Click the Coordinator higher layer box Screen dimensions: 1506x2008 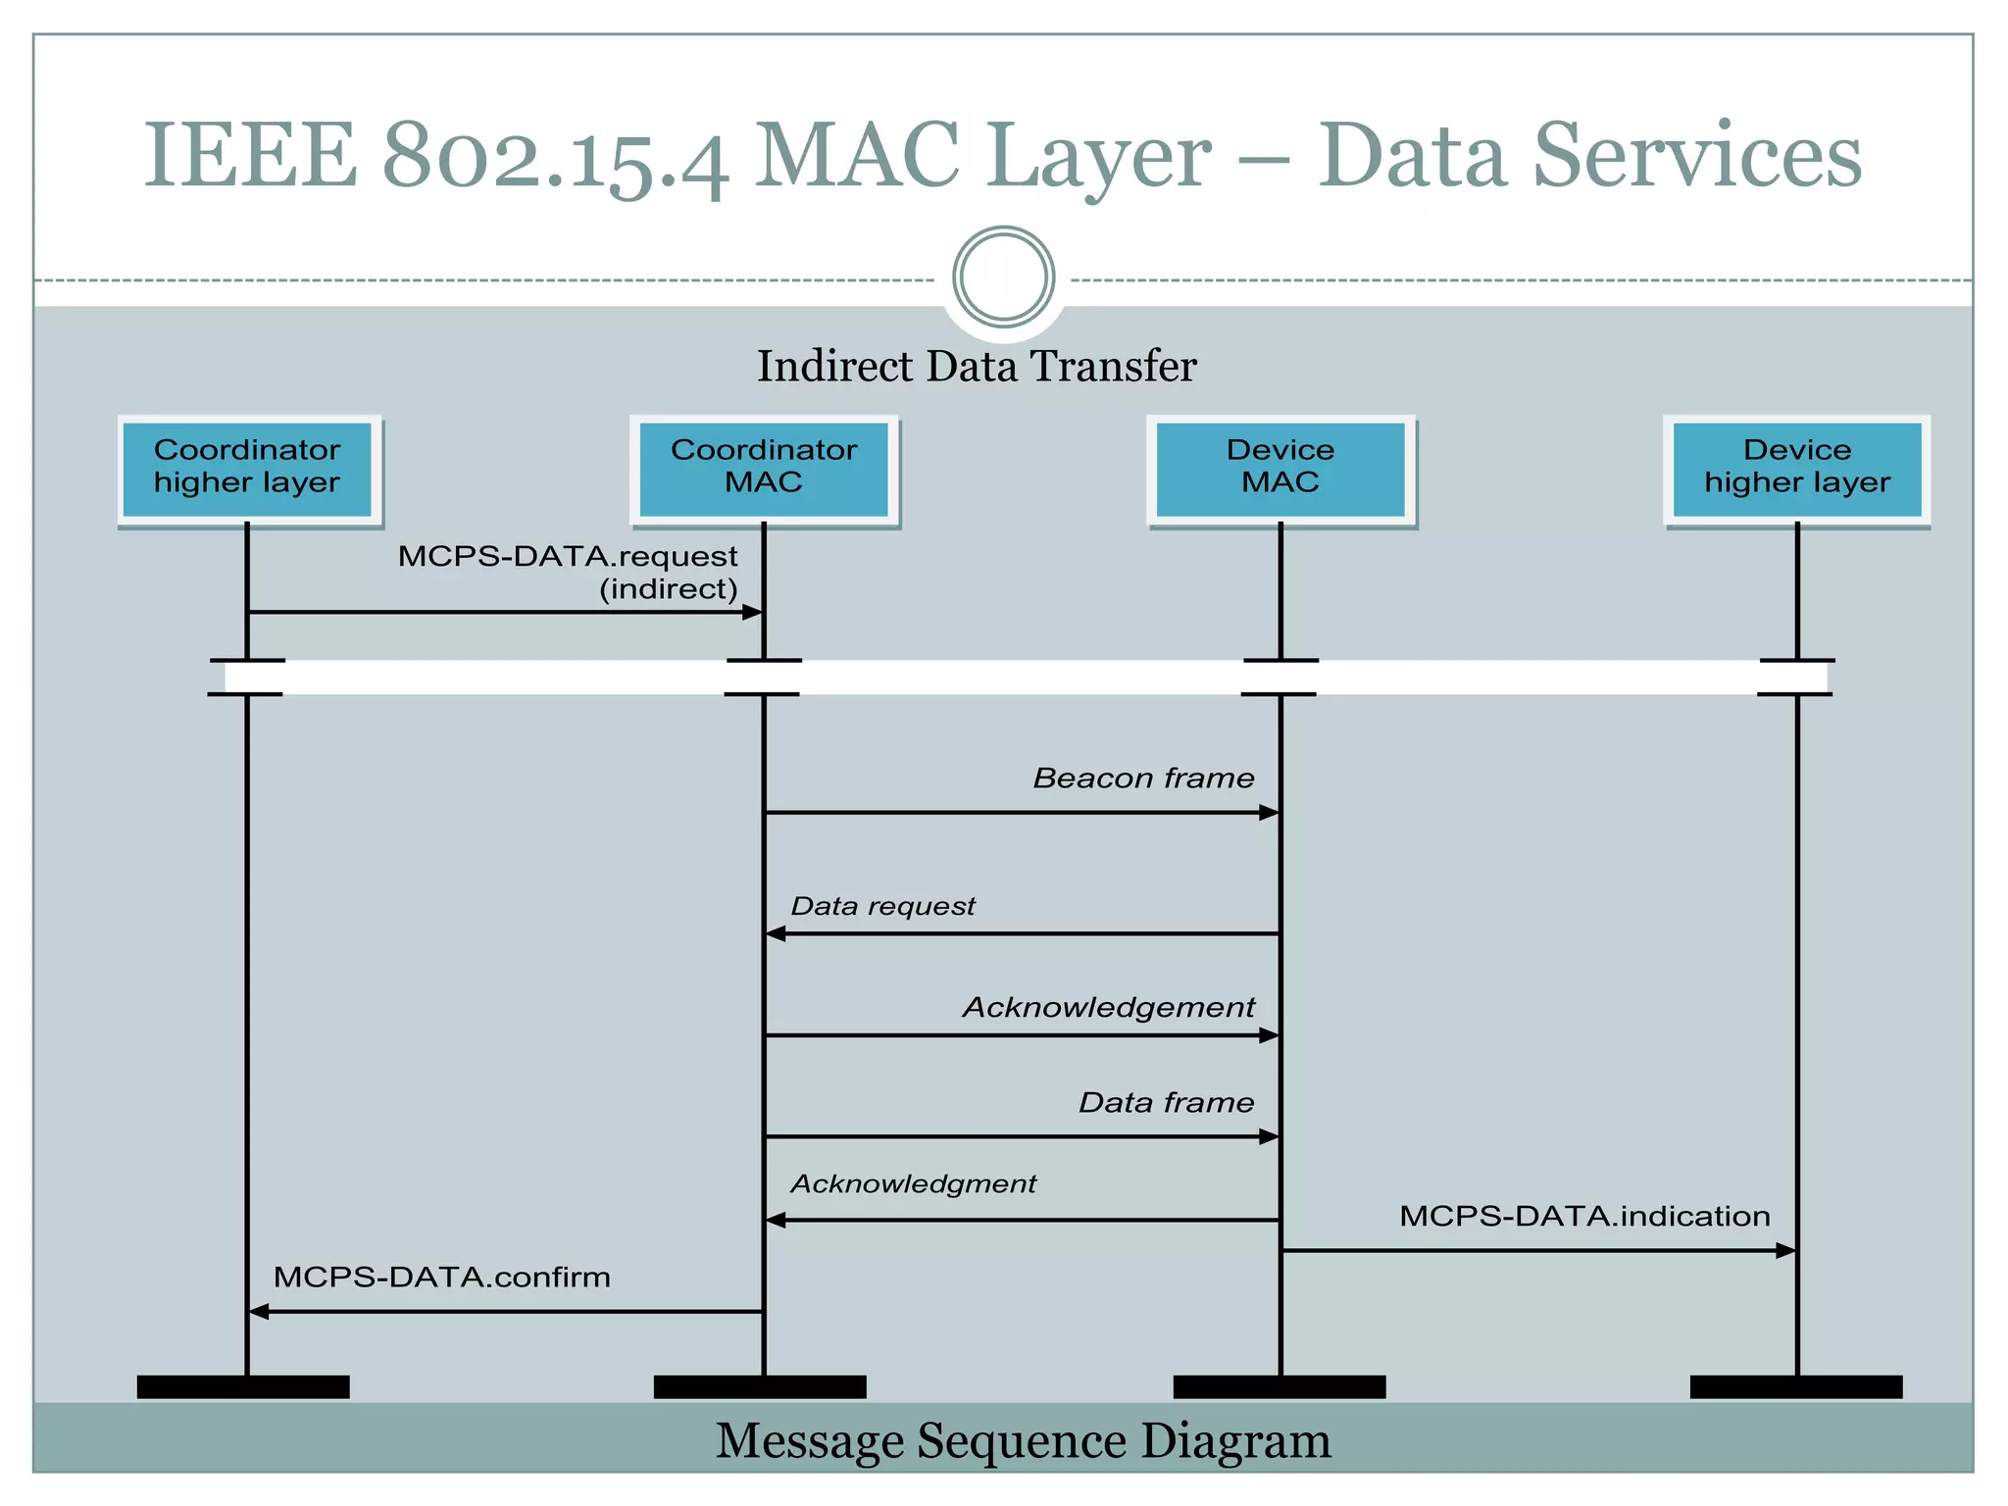[x=247, y=468]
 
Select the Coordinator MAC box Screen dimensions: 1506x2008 [x=764, y=468]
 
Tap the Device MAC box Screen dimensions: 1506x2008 [x=1280, y=468]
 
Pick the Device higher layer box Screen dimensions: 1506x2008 [x=1797, y=468]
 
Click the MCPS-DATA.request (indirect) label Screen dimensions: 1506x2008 [x=569, y=572]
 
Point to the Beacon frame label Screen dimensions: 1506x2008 [x=1143, y=778]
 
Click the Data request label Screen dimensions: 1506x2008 [x=882, y=906]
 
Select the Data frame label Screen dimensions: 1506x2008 [x=1166, y=1103]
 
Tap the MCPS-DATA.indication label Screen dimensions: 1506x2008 [x=1584, y=1217]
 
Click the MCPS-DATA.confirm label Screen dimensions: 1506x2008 [x=441, y=1278]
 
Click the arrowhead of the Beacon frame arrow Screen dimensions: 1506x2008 [x=1270, y=813]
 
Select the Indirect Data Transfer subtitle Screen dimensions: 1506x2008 [x=977, y=367]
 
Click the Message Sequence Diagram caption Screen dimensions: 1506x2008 [x=1023, y=1441]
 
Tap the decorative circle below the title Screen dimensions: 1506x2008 [x=1003, y=277]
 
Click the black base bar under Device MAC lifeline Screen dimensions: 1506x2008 [x=1280, y=1387]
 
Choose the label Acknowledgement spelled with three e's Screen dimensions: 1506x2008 [x=1108, y=1008]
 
